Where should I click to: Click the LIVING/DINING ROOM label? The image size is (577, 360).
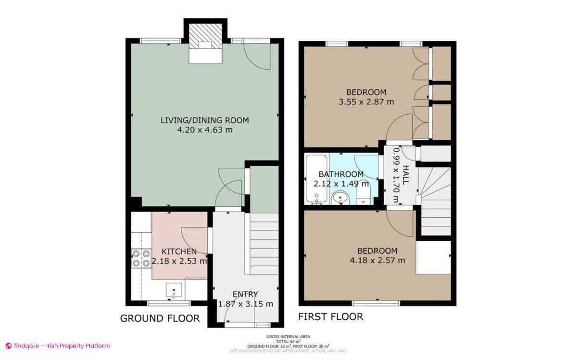[x=205, y=120]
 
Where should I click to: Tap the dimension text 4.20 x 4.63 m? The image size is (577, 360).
[x=205, y=130]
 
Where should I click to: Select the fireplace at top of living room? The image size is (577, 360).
[x=205, y=41]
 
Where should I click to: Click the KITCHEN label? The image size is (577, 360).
[x=179, y=251]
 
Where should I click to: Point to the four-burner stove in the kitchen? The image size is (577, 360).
[x=141, y=258]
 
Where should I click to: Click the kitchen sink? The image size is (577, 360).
[x=174, y=290]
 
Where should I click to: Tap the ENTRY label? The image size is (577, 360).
[x=245, y=294]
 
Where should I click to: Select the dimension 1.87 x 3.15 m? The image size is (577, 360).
[x=245, y=304]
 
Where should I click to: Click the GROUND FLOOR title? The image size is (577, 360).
[x=160, y=318]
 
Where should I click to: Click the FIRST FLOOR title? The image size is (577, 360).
[x=330, y=317]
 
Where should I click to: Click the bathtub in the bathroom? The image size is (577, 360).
[x=316, y=179]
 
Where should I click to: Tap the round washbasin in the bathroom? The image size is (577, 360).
[x=341, y=197]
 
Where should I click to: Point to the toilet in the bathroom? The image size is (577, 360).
[x=363, y=195]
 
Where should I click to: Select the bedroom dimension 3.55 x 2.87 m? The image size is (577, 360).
[x=366, y=102]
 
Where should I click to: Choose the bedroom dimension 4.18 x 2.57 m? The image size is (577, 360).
[x=377, y=261]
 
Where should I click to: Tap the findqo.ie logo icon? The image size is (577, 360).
[x=8, y=346]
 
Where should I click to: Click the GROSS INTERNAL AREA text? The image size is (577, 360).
[x=291, y=337]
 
